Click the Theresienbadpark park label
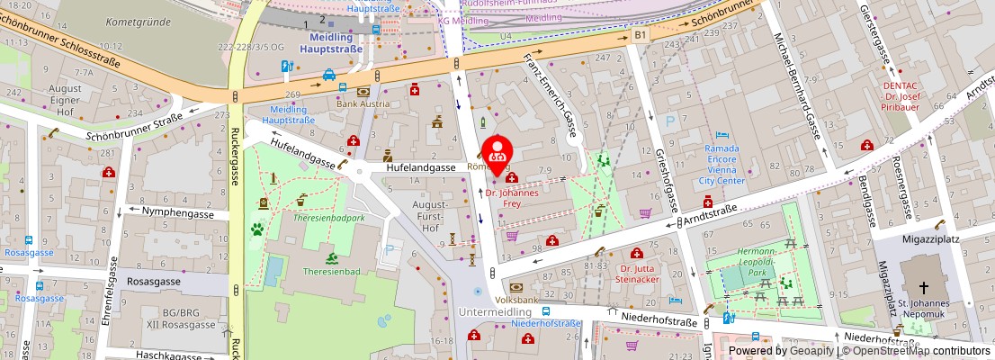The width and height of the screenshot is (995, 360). point(328,218)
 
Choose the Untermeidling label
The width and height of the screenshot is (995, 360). point(495,310)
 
